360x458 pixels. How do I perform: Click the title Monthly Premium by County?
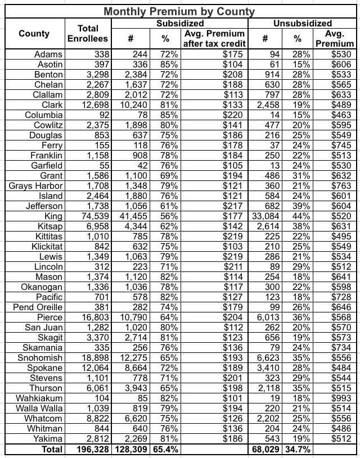coord(179,11)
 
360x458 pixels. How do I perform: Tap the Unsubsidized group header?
coord(302,24)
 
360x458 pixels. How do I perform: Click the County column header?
coord(34,34)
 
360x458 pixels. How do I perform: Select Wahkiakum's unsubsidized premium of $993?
coord(344,398)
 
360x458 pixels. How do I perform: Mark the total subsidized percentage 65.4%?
coord(166,450)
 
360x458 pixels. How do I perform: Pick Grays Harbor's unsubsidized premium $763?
coord(344,186)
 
